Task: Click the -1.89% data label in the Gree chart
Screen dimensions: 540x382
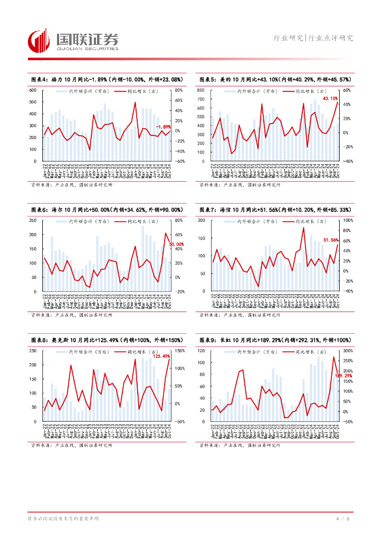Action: (x=163, y=127)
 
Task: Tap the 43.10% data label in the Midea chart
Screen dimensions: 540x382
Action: (x=330, y=99)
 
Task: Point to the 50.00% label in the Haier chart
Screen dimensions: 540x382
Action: (x=176, y=244)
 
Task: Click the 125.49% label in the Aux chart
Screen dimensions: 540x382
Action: (x=161, y=356)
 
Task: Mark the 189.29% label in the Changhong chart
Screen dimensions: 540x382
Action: (x=343, y=375)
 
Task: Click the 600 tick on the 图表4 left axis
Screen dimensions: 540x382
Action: (x=33, y=91)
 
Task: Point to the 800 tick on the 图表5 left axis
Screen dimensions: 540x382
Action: (x=200, y=91)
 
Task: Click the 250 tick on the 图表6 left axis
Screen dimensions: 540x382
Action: (x=33, y=220)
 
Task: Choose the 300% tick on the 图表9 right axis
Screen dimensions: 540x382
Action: (x=348, y=351)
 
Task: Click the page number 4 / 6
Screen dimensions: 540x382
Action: (x=342, y=519)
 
